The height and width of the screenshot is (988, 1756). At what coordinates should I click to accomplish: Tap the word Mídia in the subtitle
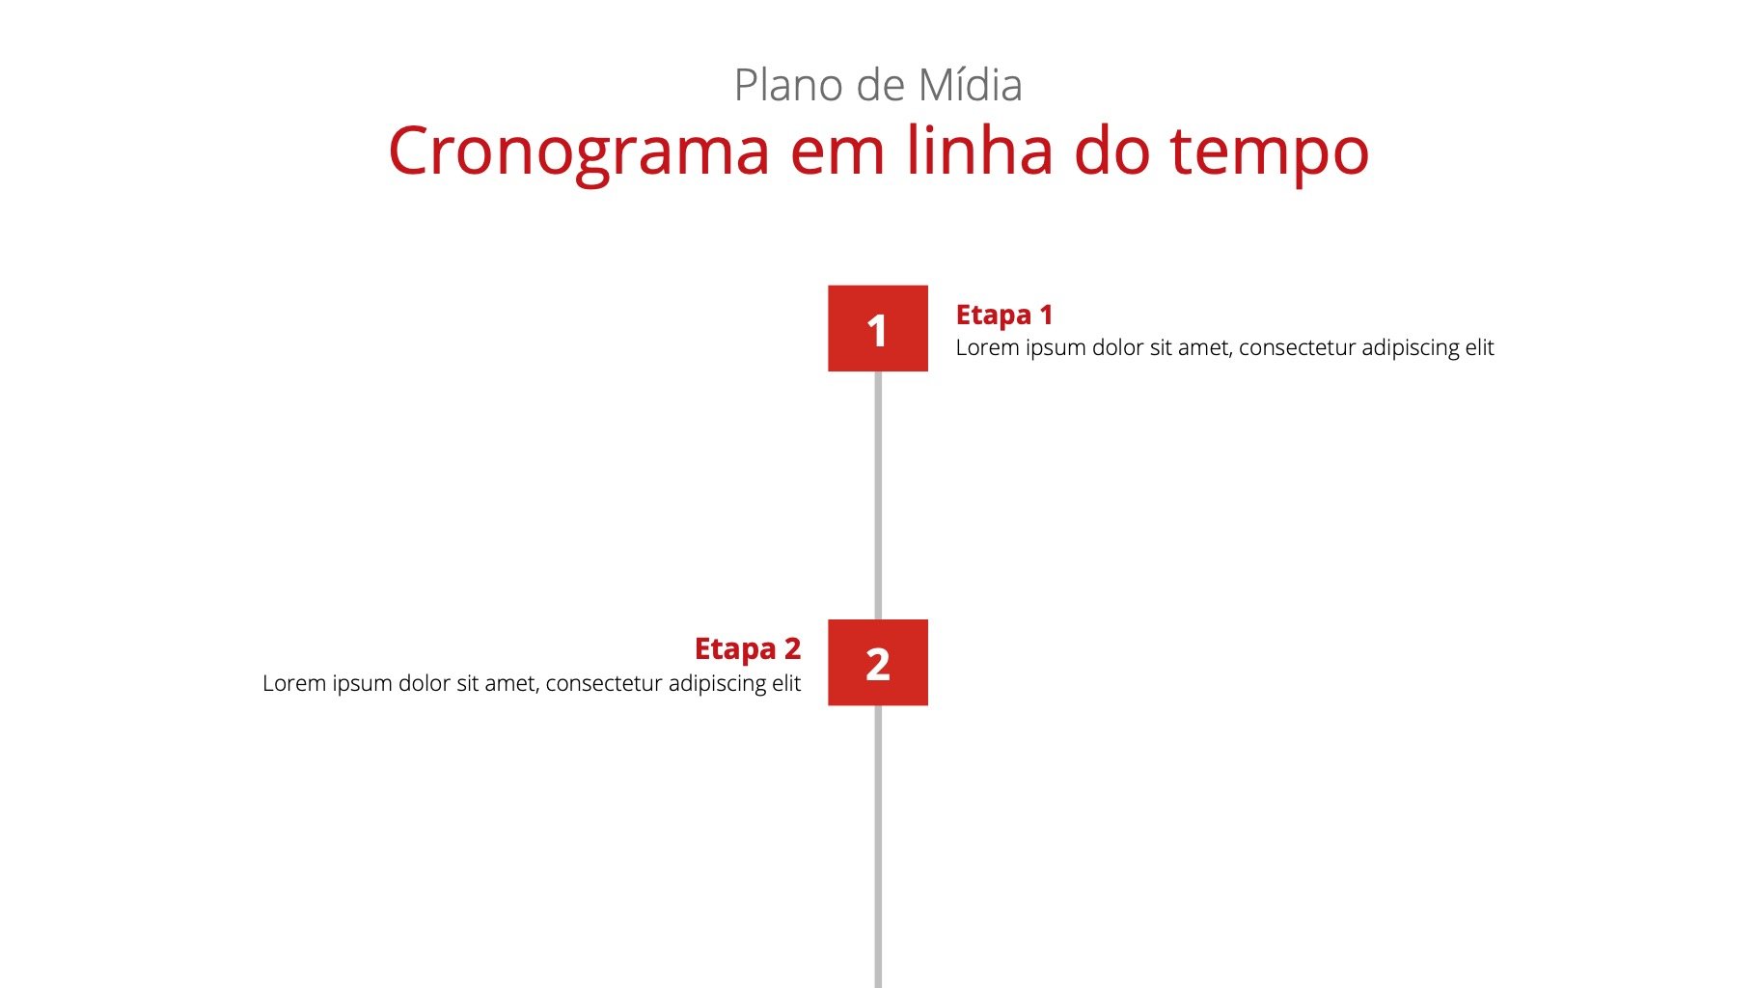coord(970,85)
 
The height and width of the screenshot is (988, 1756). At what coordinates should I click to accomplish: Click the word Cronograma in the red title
coord(579,151)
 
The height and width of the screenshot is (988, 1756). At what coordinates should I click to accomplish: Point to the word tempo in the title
coord(1270,154)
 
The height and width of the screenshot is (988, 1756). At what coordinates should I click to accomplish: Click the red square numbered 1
coord(878,328)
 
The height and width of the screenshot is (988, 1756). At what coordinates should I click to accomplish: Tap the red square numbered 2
coord(878,663)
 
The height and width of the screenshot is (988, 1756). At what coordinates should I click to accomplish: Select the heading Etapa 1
coord(1004,316)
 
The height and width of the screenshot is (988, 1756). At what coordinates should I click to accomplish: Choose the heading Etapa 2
coord(748,649)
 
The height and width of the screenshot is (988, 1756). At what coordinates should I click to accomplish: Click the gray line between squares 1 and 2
coord(878,495)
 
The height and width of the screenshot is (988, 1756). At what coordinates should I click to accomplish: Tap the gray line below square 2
coord(878,846)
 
